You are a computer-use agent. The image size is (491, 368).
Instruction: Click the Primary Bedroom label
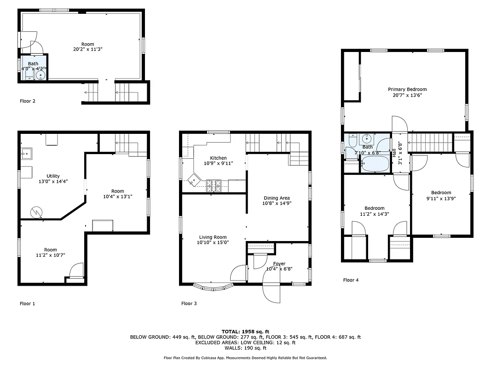pyautogui.click(x=407, y=89)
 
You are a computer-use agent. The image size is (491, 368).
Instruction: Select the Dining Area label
pyautogui.click(x=276, y=198)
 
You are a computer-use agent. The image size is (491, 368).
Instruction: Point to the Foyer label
pyautogui.click(x=279, y=264)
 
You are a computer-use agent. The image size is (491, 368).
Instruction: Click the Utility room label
pyautogui.click(x=53, y=176)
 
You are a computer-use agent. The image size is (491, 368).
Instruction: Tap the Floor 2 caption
pyautogui.click(x=28, y=101)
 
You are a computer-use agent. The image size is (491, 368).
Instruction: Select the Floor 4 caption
pyautogui.click(x=351, y=280)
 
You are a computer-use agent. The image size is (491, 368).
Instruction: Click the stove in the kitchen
pyautogui.click(x=213, y=185)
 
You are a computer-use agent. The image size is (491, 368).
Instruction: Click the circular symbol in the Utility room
pyautogui.click(x=35, y=212)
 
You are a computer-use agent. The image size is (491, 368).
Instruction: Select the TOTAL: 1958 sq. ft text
pyautogui.click(x=245, y=331)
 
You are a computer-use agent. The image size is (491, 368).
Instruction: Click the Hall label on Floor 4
pyautogui.click(x=394, y=149)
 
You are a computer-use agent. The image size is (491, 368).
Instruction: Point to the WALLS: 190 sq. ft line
pyautogui.click(x=245, y=348)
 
